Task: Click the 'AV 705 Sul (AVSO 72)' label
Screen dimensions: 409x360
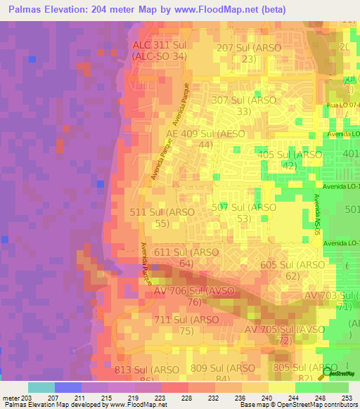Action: (284, 335)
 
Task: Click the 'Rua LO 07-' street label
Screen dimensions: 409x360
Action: (343, 105)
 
